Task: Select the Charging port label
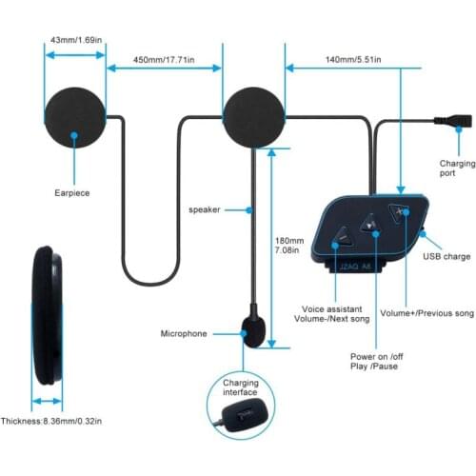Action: click(x=457, y=168)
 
